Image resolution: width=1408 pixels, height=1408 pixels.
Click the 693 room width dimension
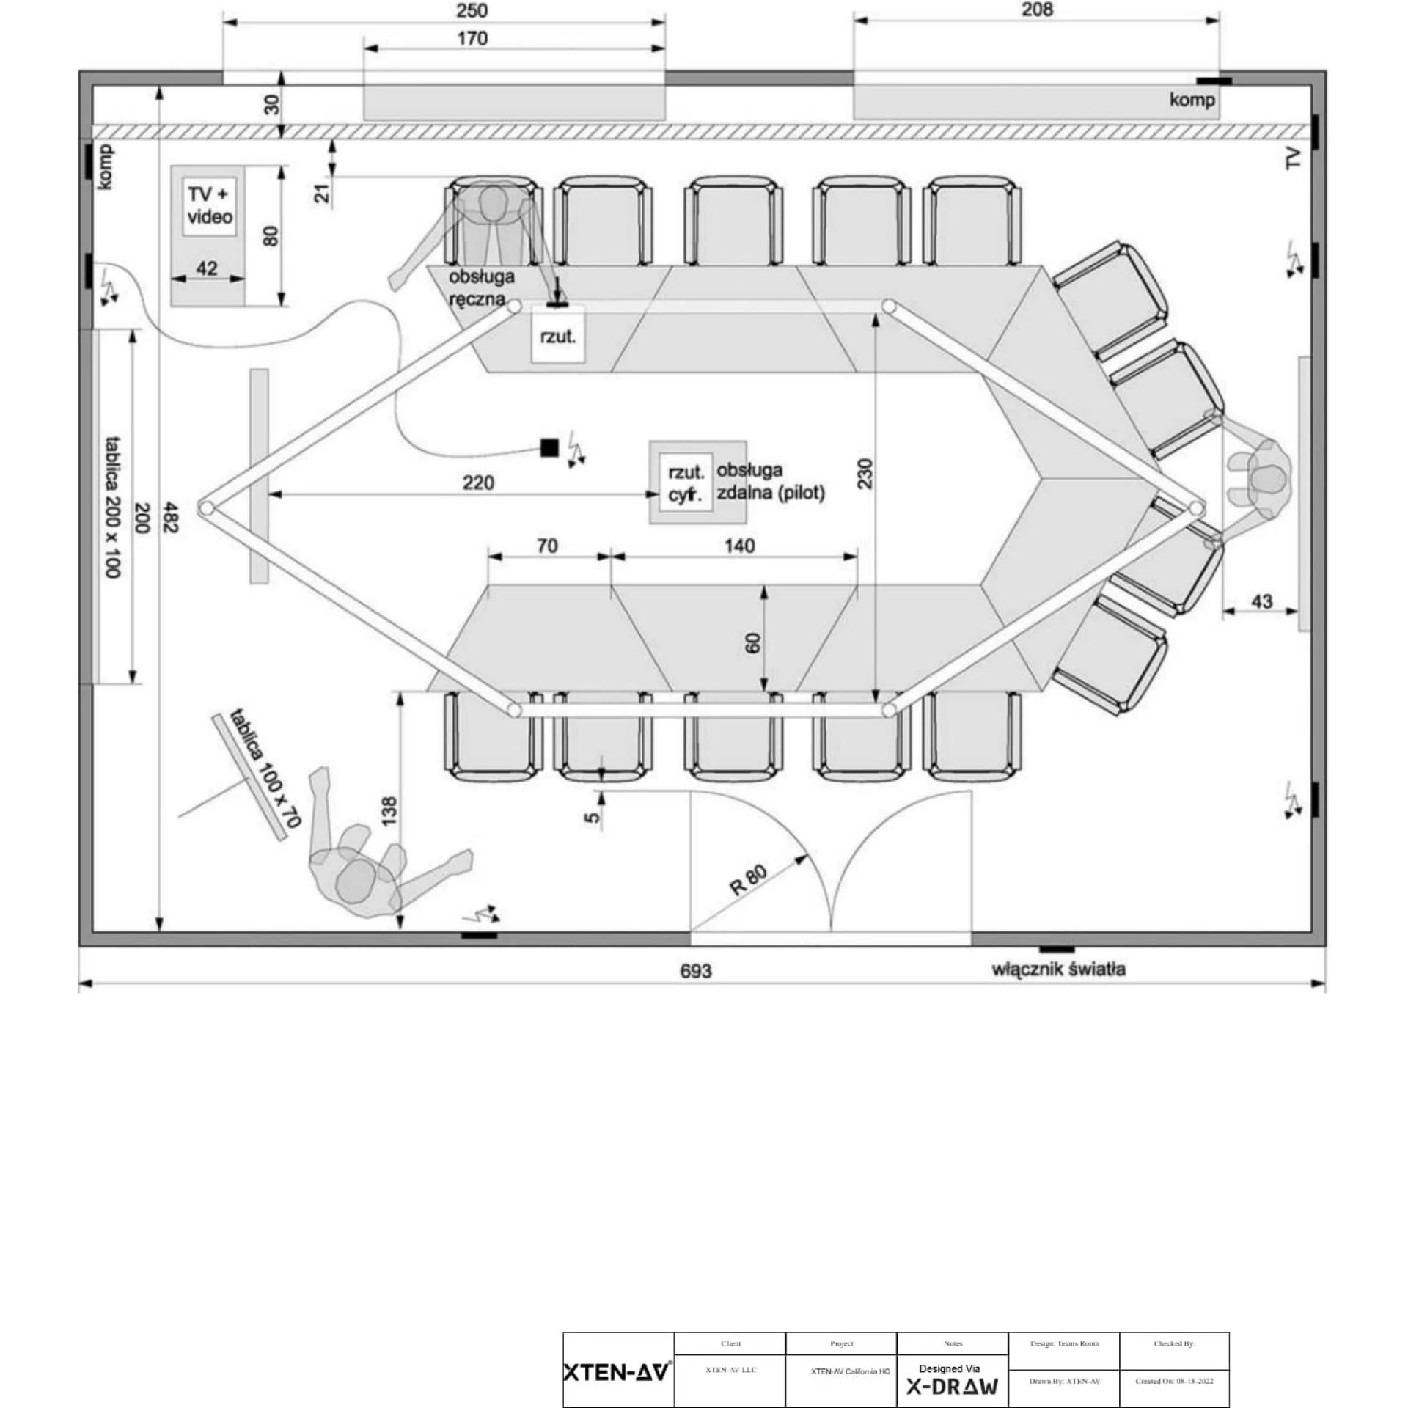695,971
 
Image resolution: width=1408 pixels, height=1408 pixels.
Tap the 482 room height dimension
170,517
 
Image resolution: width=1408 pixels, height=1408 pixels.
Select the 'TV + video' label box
210,206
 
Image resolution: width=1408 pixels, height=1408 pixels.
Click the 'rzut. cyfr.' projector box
686,483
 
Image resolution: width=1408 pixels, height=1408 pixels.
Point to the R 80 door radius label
748,879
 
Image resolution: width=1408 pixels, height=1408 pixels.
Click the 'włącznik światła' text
1058,969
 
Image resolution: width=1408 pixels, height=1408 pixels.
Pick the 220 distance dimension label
478,483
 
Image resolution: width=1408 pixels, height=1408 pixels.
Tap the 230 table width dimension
866,474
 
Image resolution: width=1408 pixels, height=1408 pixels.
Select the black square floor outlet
549,447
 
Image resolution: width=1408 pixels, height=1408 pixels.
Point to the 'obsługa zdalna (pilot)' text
771,481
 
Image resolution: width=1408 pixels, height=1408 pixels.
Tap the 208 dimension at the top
1037,10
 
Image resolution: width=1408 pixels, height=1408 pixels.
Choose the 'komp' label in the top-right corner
1192,100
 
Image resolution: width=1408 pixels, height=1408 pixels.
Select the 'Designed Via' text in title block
950,1368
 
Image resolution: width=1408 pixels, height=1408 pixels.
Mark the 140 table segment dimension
739,546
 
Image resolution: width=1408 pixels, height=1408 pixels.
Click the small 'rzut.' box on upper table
558,337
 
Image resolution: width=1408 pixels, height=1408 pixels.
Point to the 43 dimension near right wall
1261,601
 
